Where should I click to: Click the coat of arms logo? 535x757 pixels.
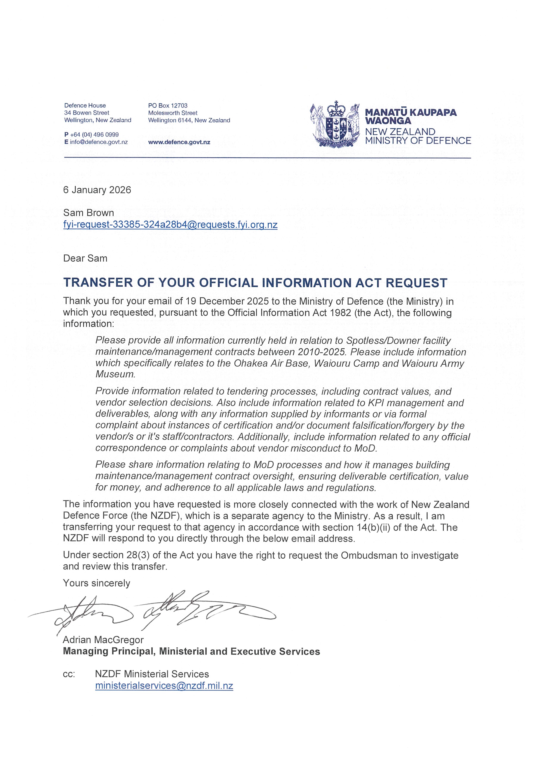(334, 124)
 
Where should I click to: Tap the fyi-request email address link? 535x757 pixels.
(170, 225)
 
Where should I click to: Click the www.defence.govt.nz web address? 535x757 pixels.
(179, 142)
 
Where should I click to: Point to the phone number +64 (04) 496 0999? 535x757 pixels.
(94, 135)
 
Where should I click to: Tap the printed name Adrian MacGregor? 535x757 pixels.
(103, 640)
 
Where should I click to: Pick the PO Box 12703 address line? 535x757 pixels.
(168, 105)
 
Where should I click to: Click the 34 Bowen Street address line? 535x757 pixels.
(87, 113)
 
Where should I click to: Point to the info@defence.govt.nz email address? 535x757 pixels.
(99, 142)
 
